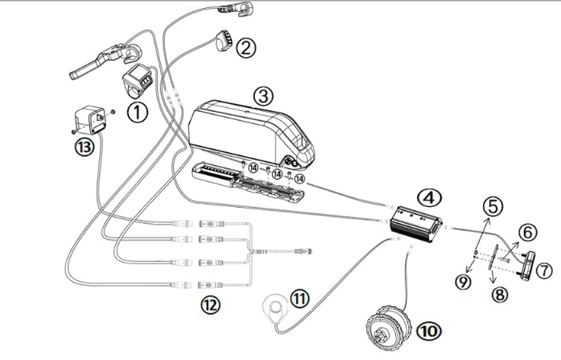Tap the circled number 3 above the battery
tap(262, 94)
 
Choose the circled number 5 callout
tap(493, 205)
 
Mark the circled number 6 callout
tap(527, 233)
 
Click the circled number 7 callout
tap(545, 270)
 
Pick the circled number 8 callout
tap(501, 294)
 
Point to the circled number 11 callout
tap(299, 299)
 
